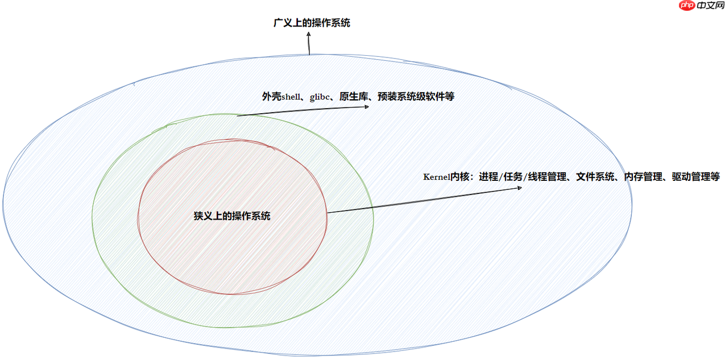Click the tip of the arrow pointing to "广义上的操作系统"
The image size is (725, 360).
click(x=308, y=32)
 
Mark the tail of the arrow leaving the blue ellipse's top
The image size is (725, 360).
click(x=309, y=55)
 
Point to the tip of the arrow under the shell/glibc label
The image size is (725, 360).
click(x=369, y=106)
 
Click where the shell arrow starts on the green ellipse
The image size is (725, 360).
click(x=237, y=115)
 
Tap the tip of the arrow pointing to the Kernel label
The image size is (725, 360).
click(x=522, y=188)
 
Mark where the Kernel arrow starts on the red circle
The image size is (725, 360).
click(x=327, y=213)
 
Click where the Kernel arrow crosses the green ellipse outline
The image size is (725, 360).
click(x=373, y=207)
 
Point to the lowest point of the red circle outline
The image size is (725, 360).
click(x=233, y=294)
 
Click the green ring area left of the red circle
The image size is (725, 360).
click(x=115, y=217)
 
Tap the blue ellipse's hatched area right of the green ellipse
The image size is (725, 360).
click(x=502, y=259)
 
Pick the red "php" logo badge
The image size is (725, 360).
click(x=687, y=5)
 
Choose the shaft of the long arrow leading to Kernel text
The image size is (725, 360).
click(x=424, y=200)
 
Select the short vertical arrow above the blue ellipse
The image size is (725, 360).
click(x=309, y=43)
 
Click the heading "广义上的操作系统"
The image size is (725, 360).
click(x=312, y=23)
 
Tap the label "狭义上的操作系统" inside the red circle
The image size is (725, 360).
click(x=232, y=216)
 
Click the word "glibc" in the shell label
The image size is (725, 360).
click(x=320, y=97)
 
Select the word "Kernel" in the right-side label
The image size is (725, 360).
click(x=437, y=177)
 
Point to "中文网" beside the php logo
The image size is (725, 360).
click(x=710, y=5)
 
